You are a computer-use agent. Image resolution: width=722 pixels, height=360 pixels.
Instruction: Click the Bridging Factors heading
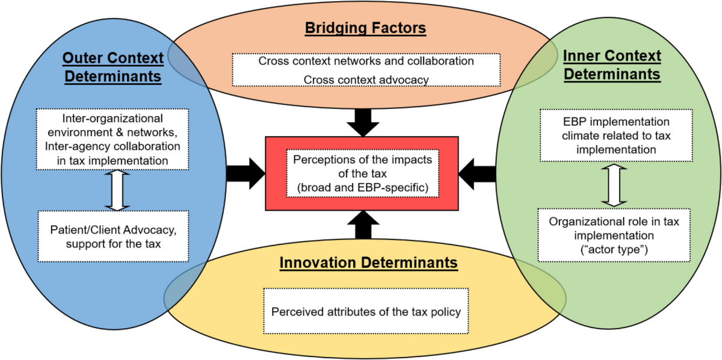[365, 28]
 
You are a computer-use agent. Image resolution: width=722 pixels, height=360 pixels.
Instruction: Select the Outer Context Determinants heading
[113, 67]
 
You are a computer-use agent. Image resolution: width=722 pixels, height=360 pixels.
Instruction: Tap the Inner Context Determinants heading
[612, 65]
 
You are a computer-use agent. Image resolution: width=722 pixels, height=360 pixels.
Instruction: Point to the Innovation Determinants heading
[368, 263]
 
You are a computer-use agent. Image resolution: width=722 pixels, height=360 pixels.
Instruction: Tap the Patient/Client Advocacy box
[113, 236]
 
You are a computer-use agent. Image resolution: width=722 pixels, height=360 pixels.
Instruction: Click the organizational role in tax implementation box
[614, 235]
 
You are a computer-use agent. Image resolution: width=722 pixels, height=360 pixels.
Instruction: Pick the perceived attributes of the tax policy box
[366, 312]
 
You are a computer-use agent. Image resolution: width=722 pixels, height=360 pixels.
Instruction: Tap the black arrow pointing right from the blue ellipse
[245, 175]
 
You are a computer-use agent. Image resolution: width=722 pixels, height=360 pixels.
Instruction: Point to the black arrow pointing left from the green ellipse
[478, 175]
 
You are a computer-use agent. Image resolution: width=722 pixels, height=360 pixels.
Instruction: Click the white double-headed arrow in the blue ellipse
[118, 189]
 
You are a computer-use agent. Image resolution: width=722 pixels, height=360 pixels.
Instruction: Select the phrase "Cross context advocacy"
[366, 78]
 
